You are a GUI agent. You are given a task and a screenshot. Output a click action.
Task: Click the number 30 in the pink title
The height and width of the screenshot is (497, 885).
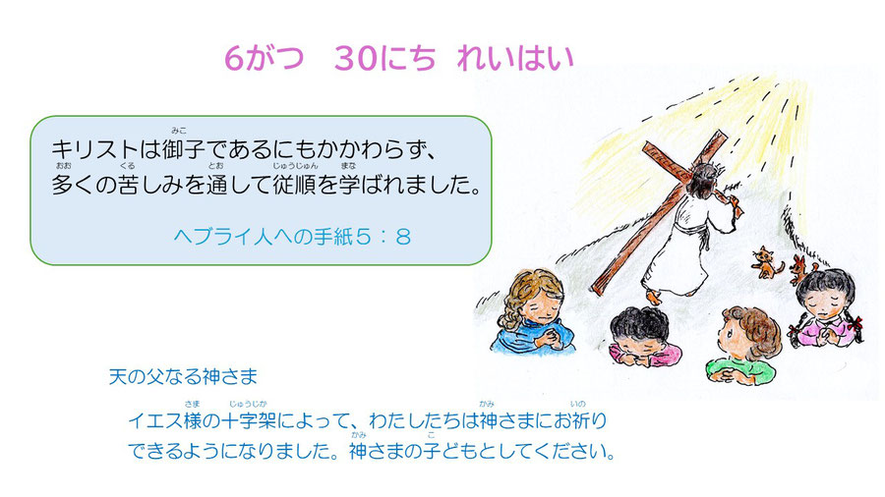356,58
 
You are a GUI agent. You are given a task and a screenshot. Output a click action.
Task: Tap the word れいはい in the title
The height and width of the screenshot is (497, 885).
515,58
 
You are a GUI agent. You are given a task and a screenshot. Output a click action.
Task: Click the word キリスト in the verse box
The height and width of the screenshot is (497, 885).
94,150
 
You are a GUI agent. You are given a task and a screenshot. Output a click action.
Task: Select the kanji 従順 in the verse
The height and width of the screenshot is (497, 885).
295,185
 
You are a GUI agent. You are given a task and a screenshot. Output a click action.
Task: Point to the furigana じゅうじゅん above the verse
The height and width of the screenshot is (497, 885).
295,166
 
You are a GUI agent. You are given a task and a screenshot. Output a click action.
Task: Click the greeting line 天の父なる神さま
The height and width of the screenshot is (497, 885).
183,376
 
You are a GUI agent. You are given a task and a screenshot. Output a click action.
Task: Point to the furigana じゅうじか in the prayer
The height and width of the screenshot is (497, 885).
248,404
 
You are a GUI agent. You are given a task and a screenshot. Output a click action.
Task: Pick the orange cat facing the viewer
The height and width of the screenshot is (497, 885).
766,262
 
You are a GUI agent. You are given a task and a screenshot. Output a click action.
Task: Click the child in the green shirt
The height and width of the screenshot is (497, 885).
742,345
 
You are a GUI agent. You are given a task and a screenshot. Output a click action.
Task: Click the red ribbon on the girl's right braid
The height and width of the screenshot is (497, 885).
856,323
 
